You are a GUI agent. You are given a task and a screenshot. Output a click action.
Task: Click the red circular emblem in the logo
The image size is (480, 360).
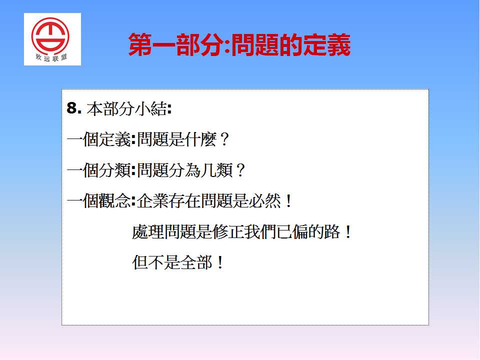(x=50, y=36)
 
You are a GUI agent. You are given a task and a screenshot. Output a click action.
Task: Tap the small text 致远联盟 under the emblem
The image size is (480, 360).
(x=51, y=57)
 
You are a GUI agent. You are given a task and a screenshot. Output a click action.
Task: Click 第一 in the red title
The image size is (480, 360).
(x=152, y=45)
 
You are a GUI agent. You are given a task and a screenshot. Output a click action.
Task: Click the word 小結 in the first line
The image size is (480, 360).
(x=151, y=108)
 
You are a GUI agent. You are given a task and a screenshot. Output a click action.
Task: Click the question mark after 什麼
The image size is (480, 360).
(x=224, y=139)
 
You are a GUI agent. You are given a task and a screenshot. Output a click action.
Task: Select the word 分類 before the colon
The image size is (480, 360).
(x=115, y=170)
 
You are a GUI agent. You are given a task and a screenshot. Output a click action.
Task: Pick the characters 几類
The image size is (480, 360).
(x=216, y=170)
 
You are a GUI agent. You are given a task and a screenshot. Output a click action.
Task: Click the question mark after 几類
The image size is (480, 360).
(x=241, y=170)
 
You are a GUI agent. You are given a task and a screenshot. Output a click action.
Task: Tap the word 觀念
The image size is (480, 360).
(x=115, y=201)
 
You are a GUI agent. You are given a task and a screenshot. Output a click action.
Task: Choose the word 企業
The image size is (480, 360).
(x=153, y=201)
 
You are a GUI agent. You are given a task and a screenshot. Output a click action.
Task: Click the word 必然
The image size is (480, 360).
(x=264, y=201)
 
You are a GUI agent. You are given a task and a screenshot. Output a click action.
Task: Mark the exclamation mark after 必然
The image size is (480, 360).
(x=288, y=201)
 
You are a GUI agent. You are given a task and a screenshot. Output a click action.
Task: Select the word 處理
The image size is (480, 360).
(x=148, y=231)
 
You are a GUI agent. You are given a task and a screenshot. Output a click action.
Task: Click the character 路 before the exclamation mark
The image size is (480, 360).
(x=332, y=231)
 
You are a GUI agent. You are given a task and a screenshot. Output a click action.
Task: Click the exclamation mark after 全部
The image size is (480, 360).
(x=220, y=262)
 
